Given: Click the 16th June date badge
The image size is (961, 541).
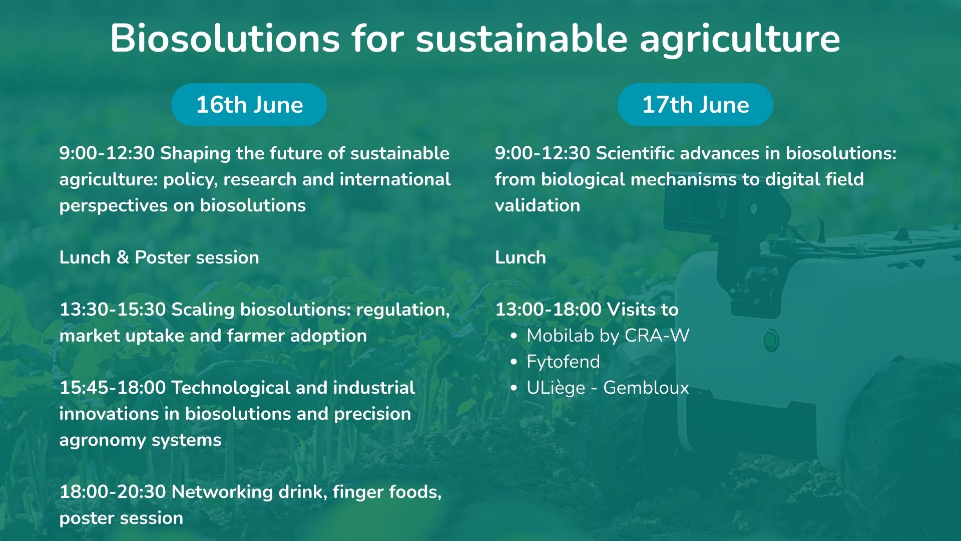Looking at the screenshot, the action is point(249,105).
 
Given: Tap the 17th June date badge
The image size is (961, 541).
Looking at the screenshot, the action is point(695,105).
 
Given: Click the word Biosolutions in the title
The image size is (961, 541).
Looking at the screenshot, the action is point(225,38).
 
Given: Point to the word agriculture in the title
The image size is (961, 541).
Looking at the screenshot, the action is point(740,39).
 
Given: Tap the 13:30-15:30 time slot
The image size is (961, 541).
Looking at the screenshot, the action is point(113,310).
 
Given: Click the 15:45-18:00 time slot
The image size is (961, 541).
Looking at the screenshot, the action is point(113,388).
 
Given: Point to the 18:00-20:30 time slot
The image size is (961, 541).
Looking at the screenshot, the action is point(113,492).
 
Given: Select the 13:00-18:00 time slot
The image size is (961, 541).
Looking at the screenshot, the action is point(548,310).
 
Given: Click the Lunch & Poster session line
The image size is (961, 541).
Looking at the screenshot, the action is point(159,257).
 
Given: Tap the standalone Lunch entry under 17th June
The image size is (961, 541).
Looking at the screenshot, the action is point(521,257).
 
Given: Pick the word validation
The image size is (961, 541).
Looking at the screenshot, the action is point(538,205).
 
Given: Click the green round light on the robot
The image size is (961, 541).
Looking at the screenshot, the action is point(771,341).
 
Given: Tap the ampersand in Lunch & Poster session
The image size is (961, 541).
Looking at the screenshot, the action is point(123,257).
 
